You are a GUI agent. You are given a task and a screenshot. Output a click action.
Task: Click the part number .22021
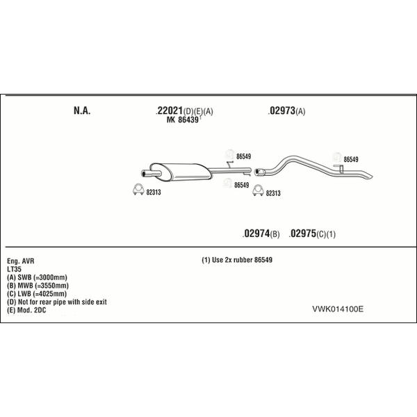coord(170,111)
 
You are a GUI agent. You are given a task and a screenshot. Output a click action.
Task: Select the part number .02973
coord(281,111)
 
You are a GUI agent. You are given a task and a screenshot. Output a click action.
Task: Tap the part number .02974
coord(256,234)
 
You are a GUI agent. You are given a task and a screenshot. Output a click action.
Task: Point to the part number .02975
coord(302,234)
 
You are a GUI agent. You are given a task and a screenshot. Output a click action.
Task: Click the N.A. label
coord(82,111)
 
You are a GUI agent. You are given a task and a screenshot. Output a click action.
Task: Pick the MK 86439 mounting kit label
coord(183,120)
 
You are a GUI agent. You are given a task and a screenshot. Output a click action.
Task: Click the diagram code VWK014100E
coord(338,309)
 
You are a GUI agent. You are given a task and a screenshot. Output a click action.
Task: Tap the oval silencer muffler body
coord(181,172)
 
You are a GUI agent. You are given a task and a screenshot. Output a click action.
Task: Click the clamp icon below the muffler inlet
coord(138,189)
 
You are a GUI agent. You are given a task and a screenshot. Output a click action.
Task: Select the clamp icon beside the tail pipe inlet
coord(258,190)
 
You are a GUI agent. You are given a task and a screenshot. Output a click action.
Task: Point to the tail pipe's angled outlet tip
coord(369,176)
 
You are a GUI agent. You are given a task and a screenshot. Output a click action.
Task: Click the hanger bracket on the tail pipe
coord(339,168)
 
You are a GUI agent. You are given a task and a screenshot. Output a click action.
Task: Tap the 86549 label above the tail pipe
coord(351,159)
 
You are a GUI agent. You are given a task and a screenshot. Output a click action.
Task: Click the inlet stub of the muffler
coord(151,174)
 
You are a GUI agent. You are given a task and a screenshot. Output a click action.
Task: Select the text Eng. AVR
coord(21,261)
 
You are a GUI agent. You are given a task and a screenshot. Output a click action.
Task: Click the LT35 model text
coord(14,269)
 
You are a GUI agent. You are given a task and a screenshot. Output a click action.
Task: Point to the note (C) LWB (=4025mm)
coord(37,293)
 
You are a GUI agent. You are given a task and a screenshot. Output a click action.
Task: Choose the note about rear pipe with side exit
coord(57,302)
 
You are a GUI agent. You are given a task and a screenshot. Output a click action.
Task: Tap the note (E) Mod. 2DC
coord(26,310)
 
